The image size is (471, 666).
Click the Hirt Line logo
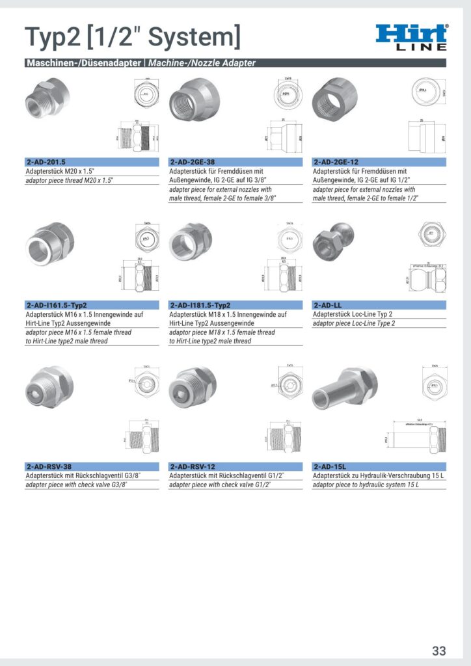[412, 38]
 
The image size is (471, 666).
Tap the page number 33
[439, 650]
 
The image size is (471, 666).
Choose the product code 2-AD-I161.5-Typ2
[57, 304]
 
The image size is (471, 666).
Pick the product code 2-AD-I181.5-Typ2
[200, 304]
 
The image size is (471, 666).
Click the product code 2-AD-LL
[328, 304]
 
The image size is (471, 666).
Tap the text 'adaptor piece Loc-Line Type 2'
[354, 323]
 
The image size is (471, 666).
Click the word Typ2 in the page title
[50, 38]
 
